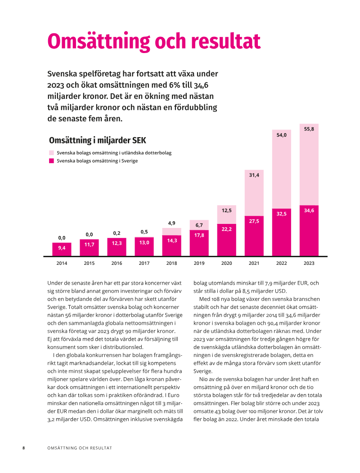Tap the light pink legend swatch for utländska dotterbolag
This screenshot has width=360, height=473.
click(x=51, y=153)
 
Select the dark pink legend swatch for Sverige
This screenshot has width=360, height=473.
click(x=51, y=161)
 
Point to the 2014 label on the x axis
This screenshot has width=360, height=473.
click(x=62, y=263)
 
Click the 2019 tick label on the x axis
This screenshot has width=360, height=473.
click(x=199, y=263)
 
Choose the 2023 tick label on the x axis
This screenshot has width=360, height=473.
click(x=309, y=263)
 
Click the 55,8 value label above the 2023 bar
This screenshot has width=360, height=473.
click(x=309, y=129)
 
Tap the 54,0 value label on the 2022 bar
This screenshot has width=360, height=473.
click(x=281, y=135)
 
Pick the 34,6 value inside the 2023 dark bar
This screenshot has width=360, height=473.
click(x=309, y=210)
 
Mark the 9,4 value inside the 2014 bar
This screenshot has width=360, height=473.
click(x=62, y=248)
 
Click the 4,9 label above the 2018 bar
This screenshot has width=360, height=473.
click(x=171, y=223)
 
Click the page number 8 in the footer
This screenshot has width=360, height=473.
click(x=24, y=448)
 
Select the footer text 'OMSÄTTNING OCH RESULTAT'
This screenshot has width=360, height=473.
click(x=80, y=448)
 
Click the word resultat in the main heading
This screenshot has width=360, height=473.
click(x=226, y=41)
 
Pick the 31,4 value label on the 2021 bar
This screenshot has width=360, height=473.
click(x=254, y=175)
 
